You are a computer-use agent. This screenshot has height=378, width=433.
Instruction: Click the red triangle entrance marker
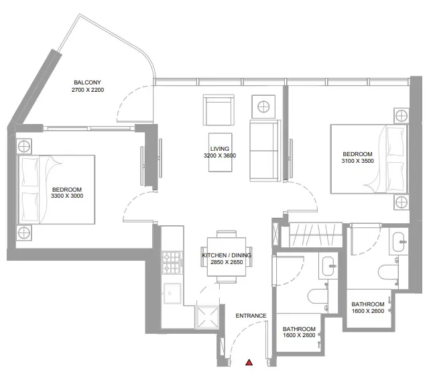(249, 363)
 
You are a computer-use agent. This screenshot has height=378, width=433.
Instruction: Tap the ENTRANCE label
(251, 316)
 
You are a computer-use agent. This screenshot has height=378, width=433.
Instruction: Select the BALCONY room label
(88, 82)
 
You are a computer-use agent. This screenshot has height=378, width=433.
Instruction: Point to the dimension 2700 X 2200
(88, 90)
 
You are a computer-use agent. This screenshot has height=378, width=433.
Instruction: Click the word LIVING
(220, 148)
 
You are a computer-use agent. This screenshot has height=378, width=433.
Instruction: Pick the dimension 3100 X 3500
(356, 161)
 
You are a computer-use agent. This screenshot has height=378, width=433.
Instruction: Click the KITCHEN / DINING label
(226, 255)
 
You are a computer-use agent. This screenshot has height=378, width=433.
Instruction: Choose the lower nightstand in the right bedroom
(400, 202)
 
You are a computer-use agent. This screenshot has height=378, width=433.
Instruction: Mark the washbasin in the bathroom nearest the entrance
(328, 265)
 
